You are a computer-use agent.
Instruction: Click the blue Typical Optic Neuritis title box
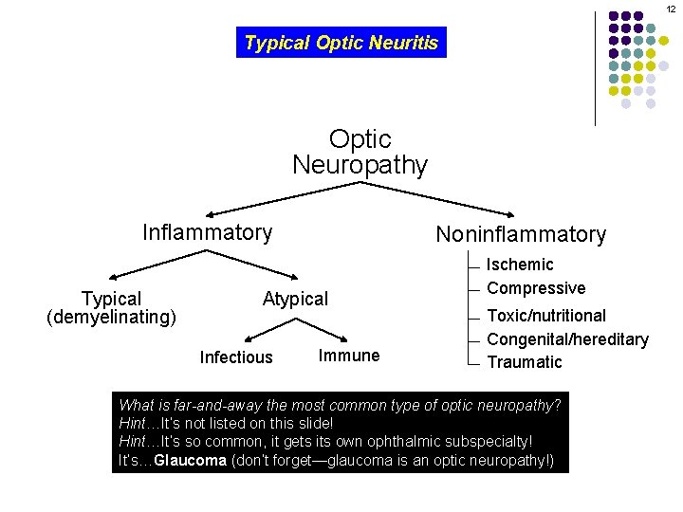(341, 43)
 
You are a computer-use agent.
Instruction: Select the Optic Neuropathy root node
(360, 153)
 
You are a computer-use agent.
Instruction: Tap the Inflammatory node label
(207, 232)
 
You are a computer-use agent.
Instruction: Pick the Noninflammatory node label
(520, 234)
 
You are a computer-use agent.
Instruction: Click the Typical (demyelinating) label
(111, 307)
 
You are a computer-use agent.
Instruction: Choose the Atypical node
(295, 300)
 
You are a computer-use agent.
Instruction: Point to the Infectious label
(236, 357)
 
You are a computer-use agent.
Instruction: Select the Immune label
(349, 356)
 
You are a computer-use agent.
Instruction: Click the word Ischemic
(520, 265)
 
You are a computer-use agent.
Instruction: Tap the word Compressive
(536, 288)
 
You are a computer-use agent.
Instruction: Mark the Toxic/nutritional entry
(546, 316)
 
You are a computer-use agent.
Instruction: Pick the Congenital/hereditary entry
(567, 339)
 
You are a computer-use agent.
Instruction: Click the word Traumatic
(525, 362)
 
